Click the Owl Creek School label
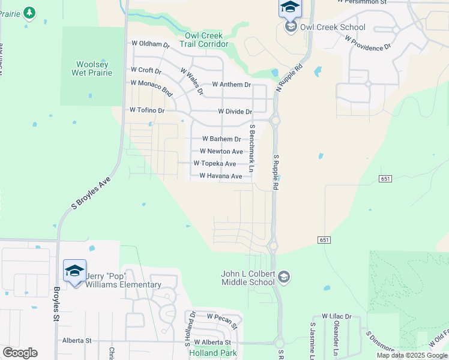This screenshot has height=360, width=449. [332, 27]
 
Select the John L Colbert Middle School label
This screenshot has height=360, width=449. [248, 278]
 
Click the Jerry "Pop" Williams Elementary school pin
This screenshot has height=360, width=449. [74, 271]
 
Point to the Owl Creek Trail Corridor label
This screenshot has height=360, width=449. [203, 40]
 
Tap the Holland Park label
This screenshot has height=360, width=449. [213, 353]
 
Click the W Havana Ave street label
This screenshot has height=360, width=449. [221, 176]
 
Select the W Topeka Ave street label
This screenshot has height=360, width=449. [214, 163]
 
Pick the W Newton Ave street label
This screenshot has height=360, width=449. [221, 151]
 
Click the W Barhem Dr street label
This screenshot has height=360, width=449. [221, 139]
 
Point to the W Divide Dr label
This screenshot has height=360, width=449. [235, 112]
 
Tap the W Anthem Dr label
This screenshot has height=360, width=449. [231, 85]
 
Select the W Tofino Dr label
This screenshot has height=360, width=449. [146, 110]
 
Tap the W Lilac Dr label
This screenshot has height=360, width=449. [336, 316]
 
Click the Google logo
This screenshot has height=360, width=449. [20, 353]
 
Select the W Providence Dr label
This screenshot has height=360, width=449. [368, 42]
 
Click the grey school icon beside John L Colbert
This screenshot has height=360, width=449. [285, 277]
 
